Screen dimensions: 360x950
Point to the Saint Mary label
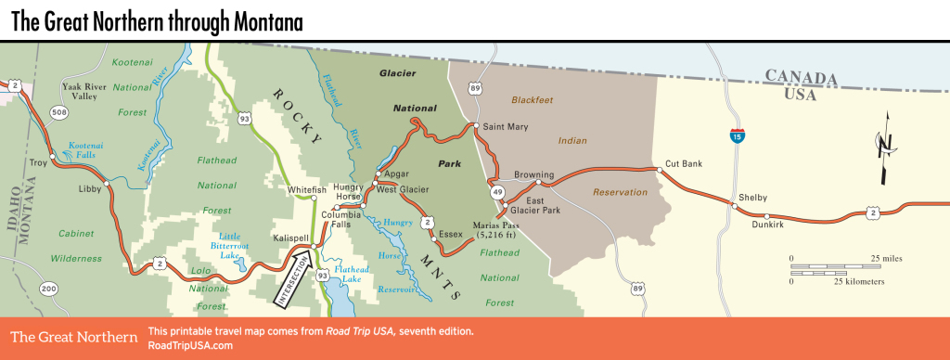click(501, 126)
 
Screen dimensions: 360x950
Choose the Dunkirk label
click(768, 225)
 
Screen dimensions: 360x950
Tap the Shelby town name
click(752, 198)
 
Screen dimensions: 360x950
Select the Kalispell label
click(290, 238)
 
